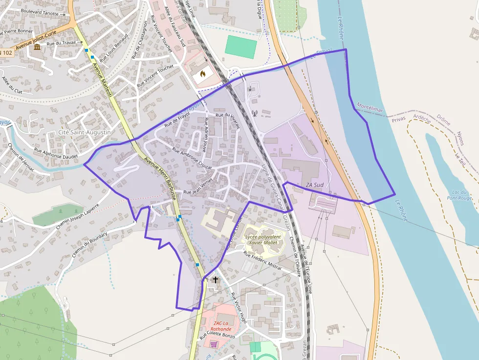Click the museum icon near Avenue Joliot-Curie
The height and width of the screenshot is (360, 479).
pyautogui.click(x=38, y=47)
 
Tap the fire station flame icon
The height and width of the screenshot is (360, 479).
pyautogui.click(x=203, y=74)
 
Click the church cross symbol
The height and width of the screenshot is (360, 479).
pyautogui.click(x=216, y=280)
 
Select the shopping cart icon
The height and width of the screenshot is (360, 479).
pyautogui.click(x=214, y=344)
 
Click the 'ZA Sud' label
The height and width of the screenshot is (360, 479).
pyautogui.click(x=315, y=185)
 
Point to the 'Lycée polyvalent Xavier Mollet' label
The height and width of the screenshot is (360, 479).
pyautogui.click(x=263, y=239)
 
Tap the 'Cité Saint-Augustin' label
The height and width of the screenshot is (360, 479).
pyautogui.click(x=85, y=132)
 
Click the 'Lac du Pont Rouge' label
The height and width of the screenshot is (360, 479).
pyautogui.click(x=459, y=194)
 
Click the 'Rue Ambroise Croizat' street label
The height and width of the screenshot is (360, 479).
pyautogui.click(x=192, y=158)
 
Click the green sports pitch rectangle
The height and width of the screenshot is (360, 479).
pyautogui.click(x=240, y=47)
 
